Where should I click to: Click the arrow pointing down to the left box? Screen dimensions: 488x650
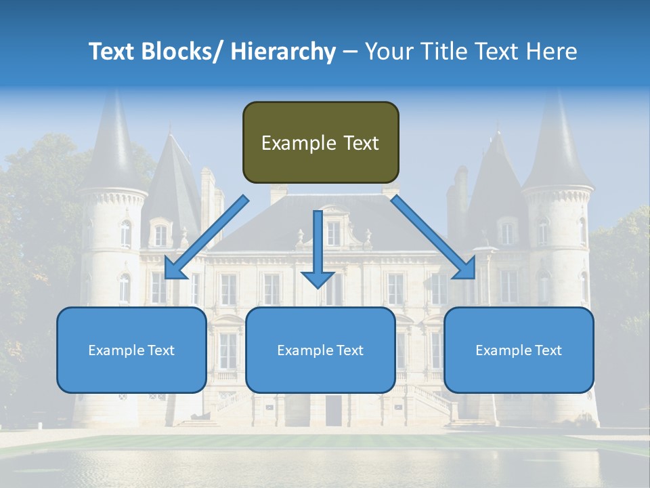[x=206, y=237]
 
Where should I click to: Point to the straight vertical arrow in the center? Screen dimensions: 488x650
[x=318, y=248]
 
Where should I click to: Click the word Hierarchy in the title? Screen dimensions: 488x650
[x=283, y=52]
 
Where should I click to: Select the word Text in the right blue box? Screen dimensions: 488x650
[x=548, y=350]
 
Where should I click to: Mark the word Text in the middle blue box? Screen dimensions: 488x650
[x=350, y=350]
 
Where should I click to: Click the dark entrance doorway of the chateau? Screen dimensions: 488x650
[x=334, y=410]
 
